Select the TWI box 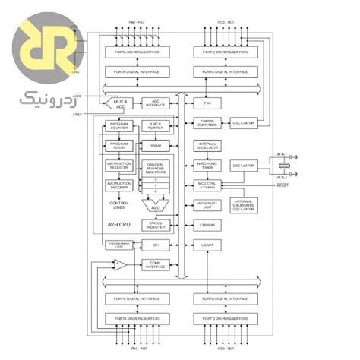point(207,102)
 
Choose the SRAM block point(156,144)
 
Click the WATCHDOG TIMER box point(207,165)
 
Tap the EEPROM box point(207,226)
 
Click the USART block point(207,245)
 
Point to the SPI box point(156,245)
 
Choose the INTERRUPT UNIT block point(207,205)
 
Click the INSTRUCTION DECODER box point(119,185)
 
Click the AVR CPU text point(119,226)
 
